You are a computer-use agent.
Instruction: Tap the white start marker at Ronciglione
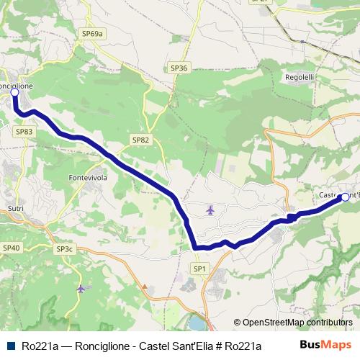[14, 93]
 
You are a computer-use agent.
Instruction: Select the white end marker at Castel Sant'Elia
[345, 197]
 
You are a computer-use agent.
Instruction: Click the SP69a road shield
[93, 33]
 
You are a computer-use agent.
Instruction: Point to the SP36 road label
[179, 68]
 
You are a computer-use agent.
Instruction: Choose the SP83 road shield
[24, 132]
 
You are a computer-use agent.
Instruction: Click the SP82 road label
[141, 140]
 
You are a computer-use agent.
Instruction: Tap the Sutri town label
[16, 209]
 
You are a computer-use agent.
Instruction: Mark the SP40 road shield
[12, 248]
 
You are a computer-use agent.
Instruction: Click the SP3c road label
[64, 249]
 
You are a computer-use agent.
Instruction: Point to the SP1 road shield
[199, 269]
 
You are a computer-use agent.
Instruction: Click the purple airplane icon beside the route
[210, 210]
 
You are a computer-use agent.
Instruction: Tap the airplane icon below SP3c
[80, 289]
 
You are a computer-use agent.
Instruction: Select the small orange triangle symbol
[145, 286]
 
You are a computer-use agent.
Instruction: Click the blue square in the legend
[11, 346]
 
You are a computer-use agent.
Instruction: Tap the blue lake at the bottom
[197, 321]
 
